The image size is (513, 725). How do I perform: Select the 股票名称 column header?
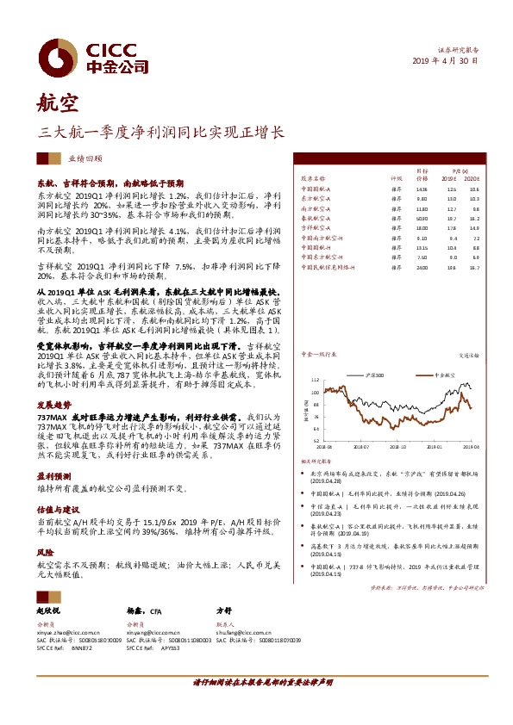tap(313, 180)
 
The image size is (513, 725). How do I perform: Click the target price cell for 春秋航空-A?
tap(421, 219)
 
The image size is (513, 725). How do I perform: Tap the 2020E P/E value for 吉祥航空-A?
tap(473, 228)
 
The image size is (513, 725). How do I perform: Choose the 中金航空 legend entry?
tap(442, 375)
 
